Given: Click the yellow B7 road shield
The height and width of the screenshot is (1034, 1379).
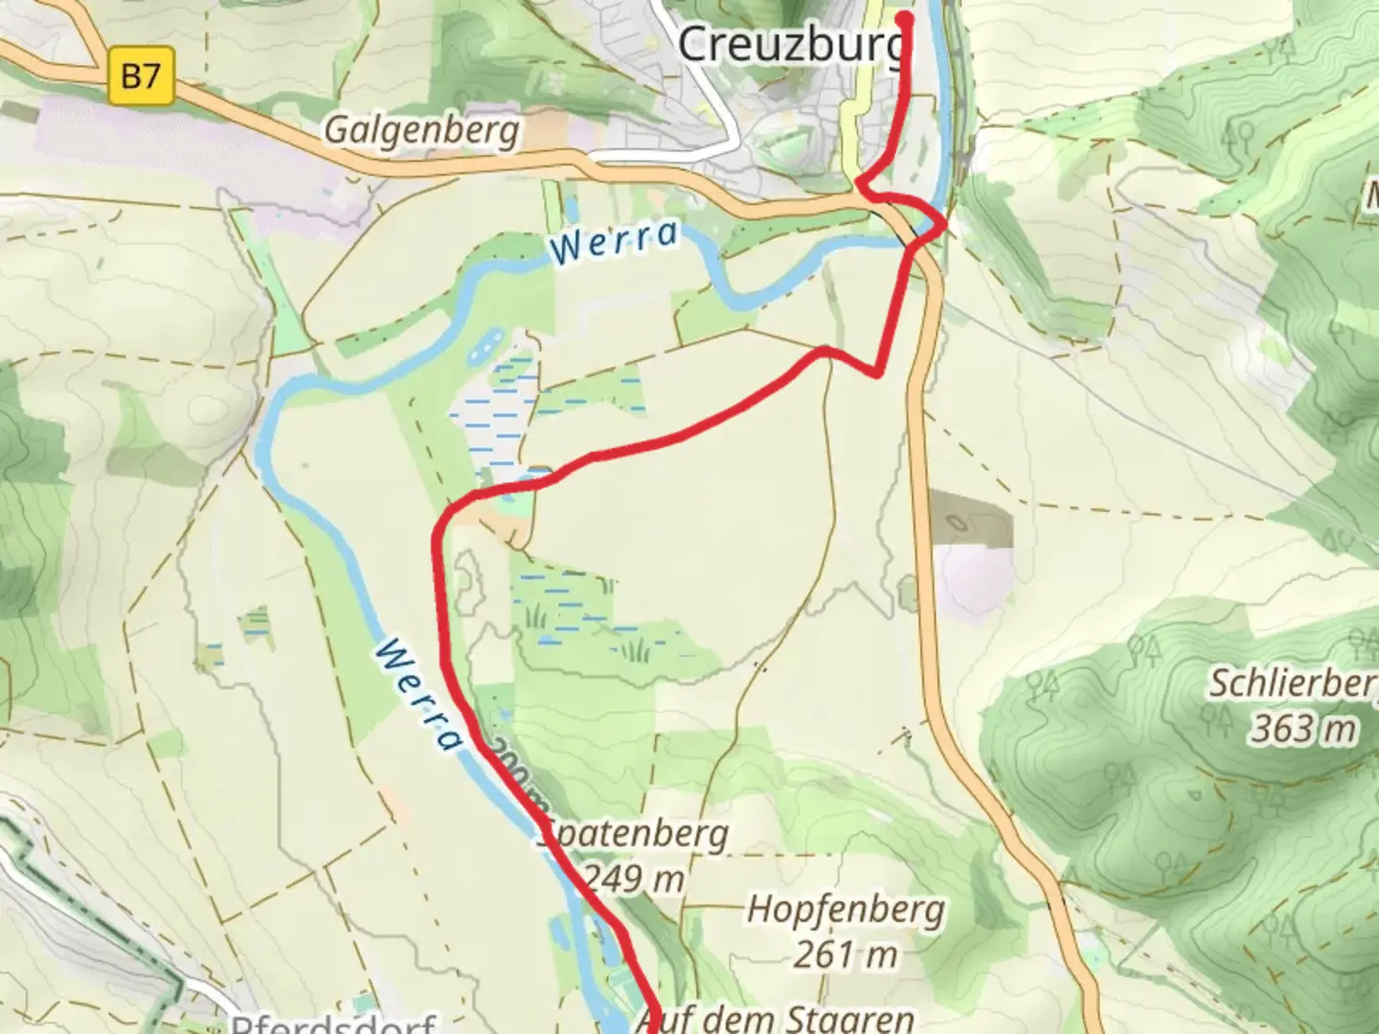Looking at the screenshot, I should coord(141,75).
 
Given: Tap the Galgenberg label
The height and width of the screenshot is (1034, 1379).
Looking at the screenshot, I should coord(421,129).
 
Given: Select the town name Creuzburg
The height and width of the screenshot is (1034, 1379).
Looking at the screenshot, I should coord(791,43).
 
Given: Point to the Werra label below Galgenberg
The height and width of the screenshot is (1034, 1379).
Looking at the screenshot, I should coord(615,241).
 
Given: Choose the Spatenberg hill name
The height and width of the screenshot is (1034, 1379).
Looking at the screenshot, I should coord(634,834).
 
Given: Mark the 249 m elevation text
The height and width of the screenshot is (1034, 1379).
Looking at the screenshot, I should coord(634,878).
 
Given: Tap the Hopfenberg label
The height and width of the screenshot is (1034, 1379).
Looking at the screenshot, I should coord(845,909).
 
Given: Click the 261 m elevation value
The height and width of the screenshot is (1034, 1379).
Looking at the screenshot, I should coord(845,954).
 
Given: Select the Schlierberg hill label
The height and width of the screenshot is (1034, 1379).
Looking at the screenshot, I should coord(1293,684).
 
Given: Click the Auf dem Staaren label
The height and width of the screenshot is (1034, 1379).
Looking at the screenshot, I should coord(774,1017).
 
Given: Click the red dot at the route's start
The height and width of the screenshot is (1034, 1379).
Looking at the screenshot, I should coord(904,17).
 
